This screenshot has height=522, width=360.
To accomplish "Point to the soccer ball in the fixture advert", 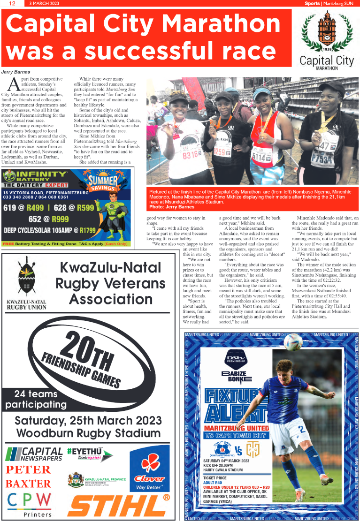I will (293, 342).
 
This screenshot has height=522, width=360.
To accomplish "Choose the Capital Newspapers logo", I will (35, 454).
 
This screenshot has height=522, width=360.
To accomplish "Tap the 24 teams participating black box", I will (36, 399).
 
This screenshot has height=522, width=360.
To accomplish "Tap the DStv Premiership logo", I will (236, 359).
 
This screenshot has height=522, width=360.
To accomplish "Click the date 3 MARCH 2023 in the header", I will (44, 3).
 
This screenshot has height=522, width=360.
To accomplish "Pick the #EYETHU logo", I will (90, 453).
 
